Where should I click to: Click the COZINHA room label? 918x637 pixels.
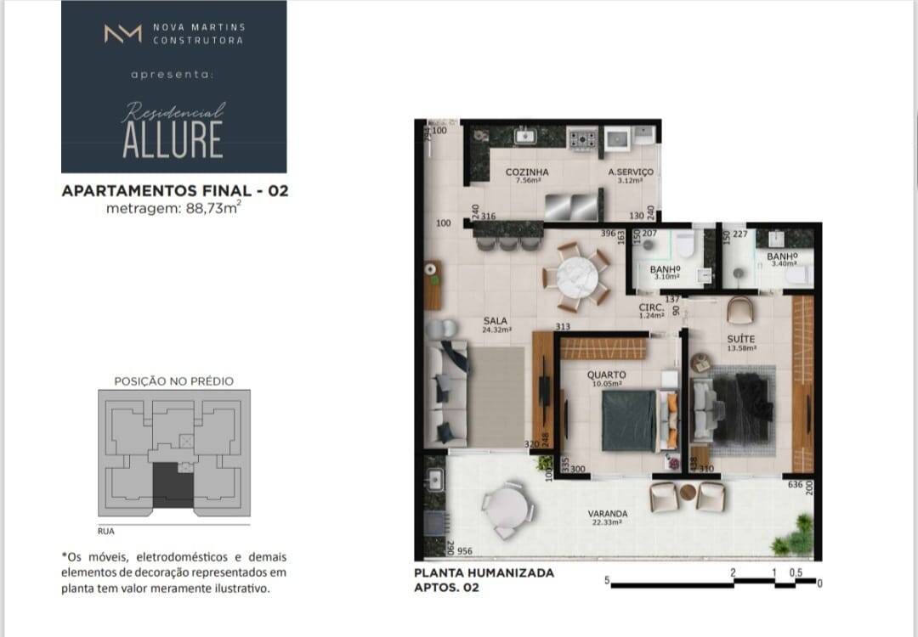(x=527, y=172)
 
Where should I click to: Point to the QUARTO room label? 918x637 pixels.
(x=606, y=375)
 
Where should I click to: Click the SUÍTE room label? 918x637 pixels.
(x=740, y=339)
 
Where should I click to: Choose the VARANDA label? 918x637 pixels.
(x=608, y=514)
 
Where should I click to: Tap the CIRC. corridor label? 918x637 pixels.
(x=652, y=307)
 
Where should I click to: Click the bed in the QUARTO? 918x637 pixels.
(x=630, y=420)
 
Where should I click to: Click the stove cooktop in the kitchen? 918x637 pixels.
(x=583, y=138)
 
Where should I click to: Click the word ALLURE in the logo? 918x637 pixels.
(x=173, y=139)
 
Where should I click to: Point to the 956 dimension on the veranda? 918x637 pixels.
(x=465, y=551)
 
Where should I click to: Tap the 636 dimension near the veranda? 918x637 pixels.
(x=795, y=485)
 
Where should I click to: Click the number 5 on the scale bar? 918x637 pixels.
(x=608, y=581)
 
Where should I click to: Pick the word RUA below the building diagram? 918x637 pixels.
(x=106, y=531)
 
